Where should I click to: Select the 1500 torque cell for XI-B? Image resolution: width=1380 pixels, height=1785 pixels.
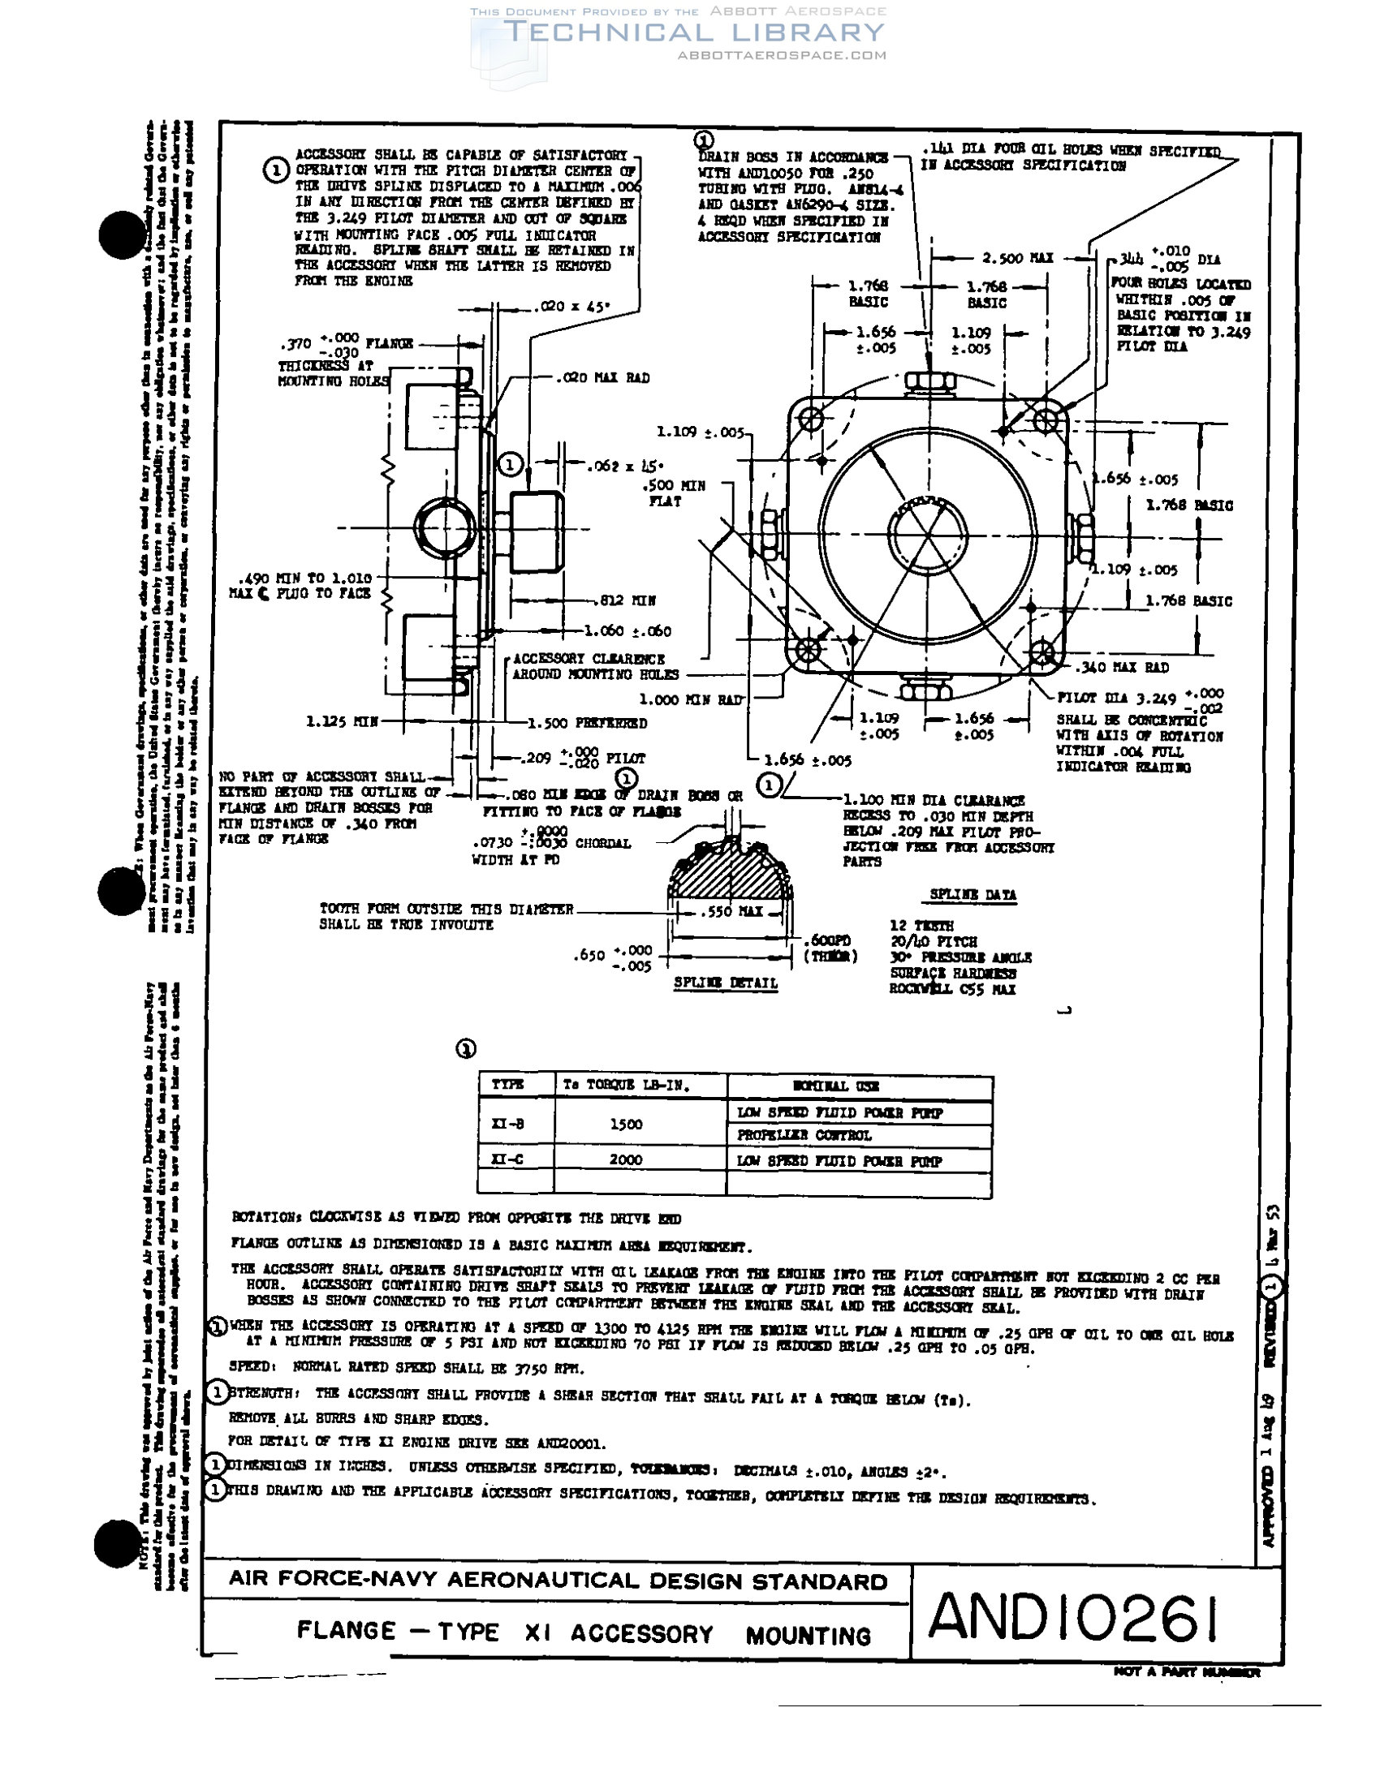pyautogui.click(x=625, y=1124)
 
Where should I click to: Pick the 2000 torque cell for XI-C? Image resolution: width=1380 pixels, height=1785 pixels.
pyautogui.click(x=625, y=1159)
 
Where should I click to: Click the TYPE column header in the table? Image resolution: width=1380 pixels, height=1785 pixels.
pyautogui.click(x=507, y=1085)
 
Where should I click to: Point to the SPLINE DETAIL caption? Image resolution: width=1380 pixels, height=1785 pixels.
pyautogui.click(x=725, y=983)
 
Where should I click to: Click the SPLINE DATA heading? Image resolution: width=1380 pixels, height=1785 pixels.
pyautogui.click(x=972, y=895)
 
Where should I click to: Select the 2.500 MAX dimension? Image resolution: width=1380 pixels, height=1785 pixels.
pyautogui.click(x=1017, y=258)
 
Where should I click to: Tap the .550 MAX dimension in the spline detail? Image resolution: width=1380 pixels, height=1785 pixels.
pyautogui.click(x=731, y=911)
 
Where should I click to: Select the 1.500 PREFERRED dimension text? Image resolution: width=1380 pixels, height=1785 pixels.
pyautogui.click(x=587, y=723)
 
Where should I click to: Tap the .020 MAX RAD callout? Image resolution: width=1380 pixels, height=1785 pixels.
pyautogui.click(x=602, y=377)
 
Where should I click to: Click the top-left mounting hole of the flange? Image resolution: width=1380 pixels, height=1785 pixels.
pyautogui.click(x=811, y=420)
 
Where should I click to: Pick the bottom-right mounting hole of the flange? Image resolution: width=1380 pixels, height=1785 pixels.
pyautogui.click(x=1042, y=653)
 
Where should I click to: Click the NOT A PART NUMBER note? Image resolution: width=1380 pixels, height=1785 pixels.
pyautogui.click(x=1186, y=1672)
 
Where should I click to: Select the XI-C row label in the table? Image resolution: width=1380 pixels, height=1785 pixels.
pyautogui.click(x=507, y=1159)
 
